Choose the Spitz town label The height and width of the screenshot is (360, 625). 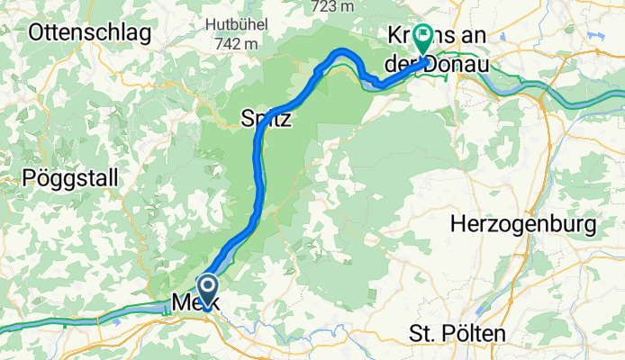coord(267,118)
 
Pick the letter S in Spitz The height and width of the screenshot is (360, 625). coord(248,118)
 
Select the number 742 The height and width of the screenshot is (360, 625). coord(226,43)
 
